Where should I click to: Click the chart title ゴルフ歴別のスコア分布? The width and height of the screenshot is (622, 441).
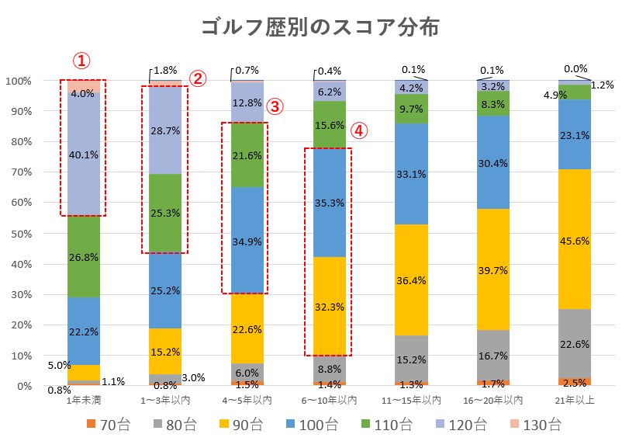pyautogui.click(x=320, y=27)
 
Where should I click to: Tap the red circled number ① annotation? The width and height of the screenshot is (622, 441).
pyautogui.click(x=82, y=61)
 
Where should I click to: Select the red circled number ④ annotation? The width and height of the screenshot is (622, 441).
pyautogui.click(x=358, y=131)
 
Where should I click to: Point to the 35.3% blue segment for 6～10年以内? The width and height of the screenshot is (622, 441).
pyautogui.click(x=328, y=203)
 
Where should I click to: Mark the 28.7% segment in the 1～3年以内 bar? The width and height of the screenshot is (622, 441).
pyautogui.click(x=164, y=130)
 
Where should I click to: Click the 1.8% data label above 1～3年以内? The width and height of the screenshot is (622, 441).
pyautogui.click(x=167, y=70)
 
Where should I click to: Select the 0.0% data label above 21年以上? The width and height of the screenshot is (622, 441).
pyautogui.click(x=576, y=68)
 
